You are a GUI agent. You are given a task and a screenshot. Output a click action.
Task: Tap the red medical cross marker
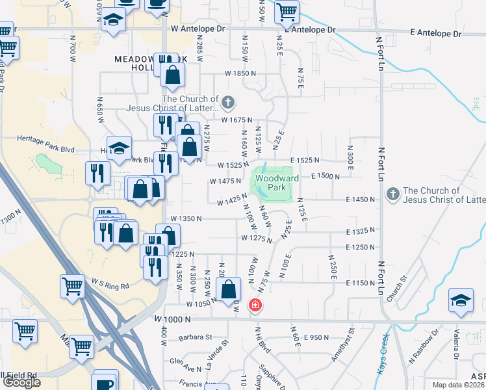coord(256,305)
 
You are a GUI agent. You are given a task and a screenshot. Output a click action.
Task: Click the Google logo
coord(21,382)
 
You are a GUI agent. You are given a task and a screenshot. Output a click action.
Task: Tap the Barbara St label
coord(198,337)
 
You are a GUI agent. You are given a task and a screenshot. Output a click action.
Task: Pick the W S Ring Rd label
coord(110,285)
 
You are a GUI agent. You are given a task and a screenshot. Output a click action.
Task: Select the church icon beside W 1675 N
coord(227,102)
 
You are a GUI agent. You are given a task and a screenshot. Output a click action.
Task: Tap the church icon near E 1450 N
coord(392,194)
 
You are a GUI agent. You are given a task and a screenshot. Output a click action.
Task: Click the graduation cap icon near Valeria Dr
coord(459,301)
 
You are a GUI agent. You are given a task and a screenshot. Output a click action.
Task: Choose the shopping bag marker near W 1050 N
coord(229,289)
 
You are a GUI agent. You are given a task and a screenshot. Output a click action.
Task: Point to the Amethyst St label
coord(352,339)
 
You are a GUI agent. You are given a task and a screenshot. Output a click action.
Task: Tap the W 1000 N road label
coord(173,319)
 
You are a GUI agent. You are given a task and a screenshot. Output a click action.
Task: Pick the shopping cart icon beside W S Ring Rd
coord(72,285)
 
